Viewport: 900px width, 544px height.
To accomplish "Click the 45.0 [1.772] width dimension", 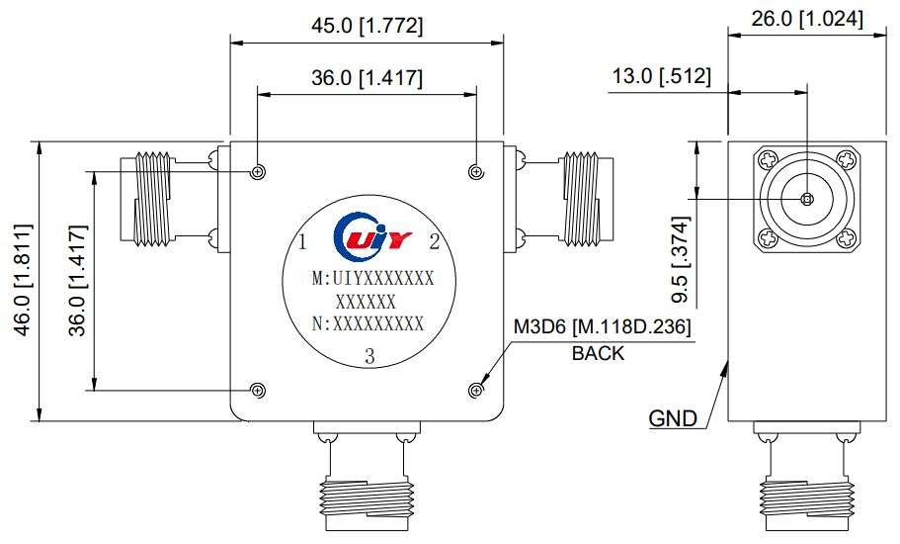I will (367, 27).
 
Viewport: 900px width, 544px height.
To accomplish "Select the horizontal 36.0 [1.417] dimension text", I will (367, 78).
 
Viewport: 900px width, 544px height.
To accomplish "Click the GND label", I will (673, 417).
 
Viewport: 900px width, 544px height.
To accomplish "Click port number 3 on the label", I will (368, 357).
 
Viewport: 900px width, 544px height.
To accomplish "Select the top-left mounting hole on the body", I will (258, 172).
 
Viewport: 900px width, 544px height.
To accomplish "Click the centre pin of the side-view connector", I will (806, 200).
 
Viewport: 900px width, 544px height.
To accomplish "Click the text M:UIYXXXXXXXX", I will (371, 280).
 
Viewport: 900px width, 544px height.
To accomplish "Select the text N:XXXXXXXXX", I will (368, 323).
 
